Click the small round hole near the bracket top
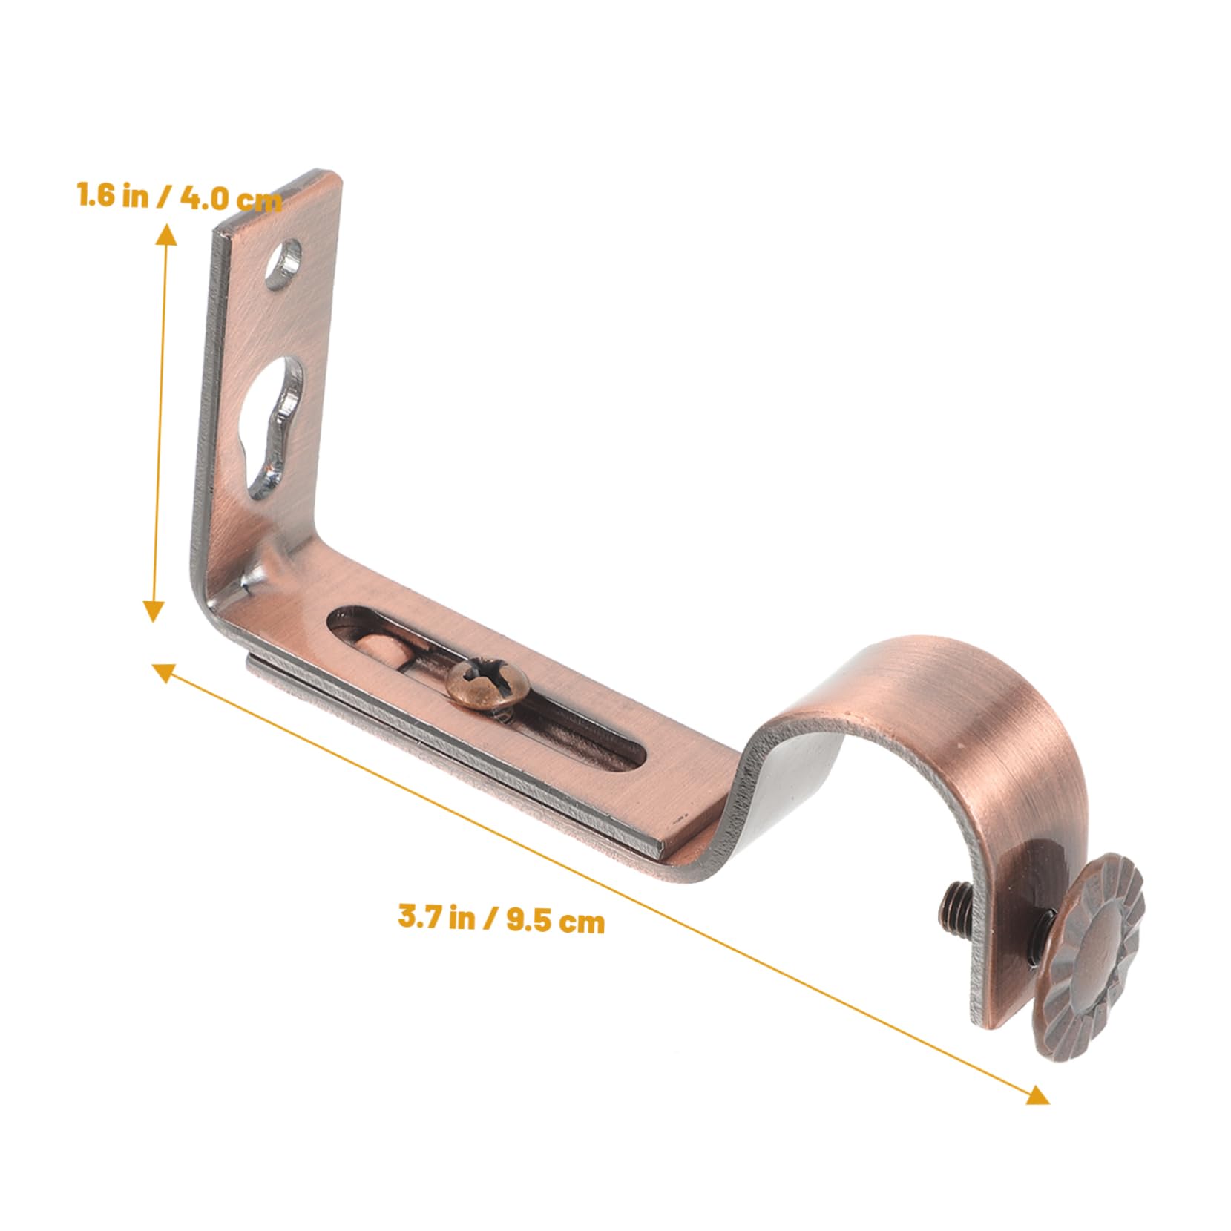[x=284, y=263]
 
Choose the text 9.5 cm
[x=555, y=921]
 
